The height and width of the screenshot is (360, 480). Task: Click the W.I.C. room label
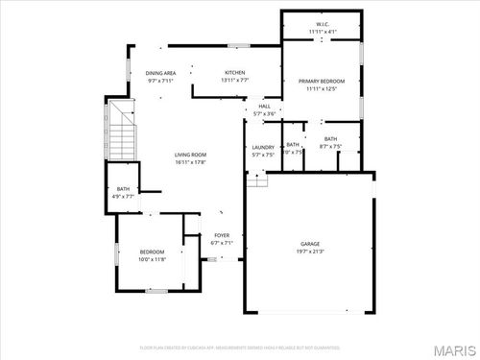[323, 24]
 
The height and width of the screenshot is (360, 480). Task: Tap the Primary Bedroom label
[322, 82]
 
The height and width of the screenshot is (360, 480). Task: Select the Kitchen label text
[235, 73]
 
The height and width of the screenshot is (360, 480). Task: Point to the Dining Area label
[160, 73]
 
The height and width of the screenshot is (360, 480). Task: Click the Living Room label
[190, 155]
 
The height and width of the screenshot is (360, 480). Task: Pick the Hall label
[264, 107]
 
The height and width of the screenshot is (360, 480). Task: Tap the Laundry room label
[263, 147]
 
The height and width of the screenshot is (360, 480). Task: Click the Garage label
[309, 244]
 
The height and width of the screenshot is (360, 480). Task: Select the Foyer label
[222, 235]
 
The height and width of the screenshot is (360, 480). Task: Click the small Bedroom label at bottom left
[153, 252]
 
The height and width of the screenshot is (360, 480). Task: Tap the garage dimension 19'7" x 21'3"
[309, 252]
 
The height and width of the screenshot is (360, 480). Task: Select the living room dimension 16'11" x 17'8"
[190, 162]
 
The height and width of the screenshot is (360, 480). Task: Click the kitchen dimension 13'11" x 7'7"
[235, 81]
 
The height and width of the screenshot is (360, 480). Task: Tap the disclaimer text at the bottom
[240, 348]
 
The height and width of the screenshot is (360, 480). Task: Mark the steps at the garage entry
[254, 180]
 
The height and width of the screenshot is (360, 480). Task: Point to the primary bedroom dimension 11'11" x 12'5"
[322, 89]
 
